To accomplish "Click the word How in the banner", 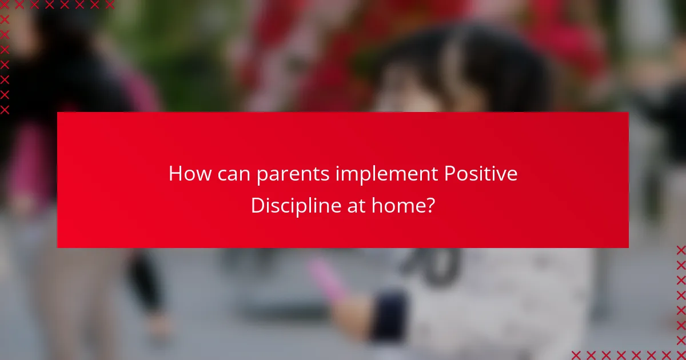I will point(190,174).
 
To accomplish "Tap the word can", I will point(234,174).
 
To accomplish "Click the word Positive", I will point(481,174).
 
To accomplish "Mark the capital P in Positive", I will point(450,174).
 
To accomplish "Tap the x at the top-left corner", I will point(5,5).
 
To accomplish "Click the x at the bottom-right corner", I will point(680,354).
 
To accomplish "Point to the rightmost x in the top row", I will point(109,5).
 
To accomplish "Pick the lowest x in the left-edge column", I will point(5,109).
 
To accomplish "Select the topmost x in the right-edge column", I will point(680,250).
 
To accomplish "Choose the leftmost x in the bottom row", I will point(576,354).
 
